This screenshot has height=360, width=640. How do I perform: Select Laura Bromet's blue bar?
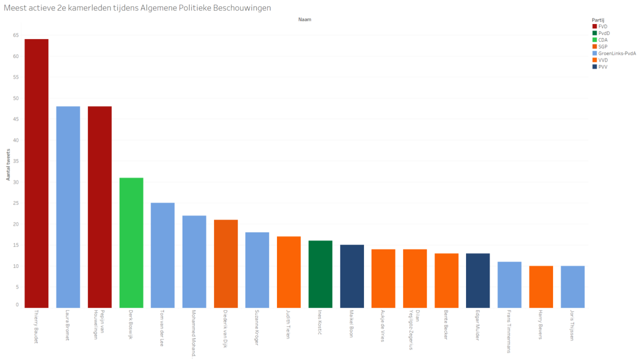coord(68,207)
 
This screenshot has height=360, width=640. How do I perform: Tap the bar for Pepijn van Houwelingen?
coord(99,207)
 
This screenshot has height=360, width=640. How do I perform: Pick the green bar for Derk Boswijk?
coord(131,242)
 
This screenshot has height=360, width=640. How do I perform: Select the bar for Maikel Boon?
coord(351,276)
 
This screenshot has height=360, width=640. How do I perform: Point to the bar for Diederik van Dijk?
coord(225,263)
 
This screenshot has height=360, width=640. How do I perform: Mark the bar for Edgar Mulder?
coord(477,280)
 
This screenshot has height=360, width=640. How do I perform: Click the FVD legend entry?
coord(602,26)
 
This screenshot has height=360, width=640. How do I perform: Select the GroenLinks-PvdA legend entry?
coord(616,53)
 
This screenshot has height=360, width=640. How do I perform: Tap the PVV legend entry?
coord(602,66)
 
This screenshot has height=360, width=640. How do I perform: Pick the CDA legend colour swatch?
coord(594,39)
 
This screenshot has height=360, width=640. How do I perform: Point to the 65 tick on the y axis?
coord(16,35)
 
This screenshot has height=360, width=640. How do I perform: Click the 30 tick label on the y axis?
coord(16,182)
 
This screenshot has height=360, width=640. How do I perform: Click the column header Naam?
coord(305,19)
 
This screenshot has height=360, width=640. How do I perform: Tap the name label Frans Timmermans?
coord(509,331)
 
